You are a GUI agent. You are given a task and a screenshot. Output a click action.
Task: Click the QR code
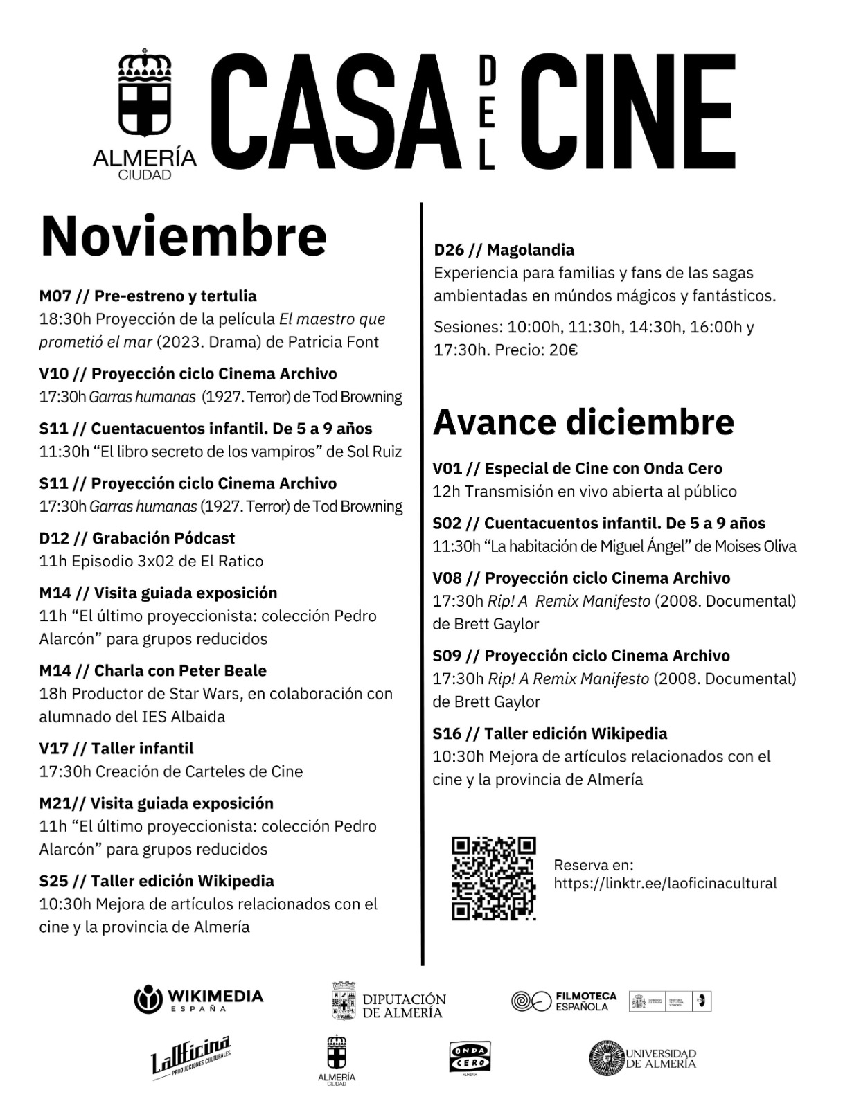(494, 878)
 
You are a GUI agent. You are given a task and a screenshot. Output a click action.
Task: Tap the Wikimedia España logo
(198, 999)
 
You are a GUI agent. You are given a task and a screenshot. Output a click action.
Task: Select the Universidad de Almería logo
(642, 1058)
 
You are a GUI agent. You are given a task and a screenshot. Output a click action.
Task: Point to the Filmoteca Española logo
(563, 1001)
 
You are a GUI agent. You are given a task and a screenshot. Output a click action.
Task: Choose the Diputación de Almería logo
(387, 1001)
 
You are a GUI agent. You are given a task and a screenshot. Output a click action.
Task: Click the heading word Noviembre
(184, 235)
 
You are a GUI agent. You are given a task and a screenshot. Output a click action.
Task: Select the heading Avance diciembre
(583, 421)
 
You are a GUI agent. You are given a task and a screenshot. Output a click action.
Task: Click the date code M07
(55, 296)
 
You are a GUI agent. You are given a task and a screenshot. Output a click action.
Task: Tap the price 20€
(563, 350)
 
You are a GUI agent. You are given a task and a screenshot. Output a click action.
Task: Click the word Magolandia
(531, 249)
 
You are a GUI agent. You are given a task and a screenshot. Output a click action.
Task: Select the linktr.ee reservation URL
(665, 884)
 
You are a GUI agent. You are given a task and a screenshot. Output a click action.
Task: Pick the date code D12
(55, 538)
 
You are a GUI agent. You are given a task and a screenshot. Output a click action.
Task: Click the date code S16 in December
(447, 733)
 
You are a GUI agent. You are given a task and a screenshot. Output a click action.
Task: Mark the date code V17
(54, 749)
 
